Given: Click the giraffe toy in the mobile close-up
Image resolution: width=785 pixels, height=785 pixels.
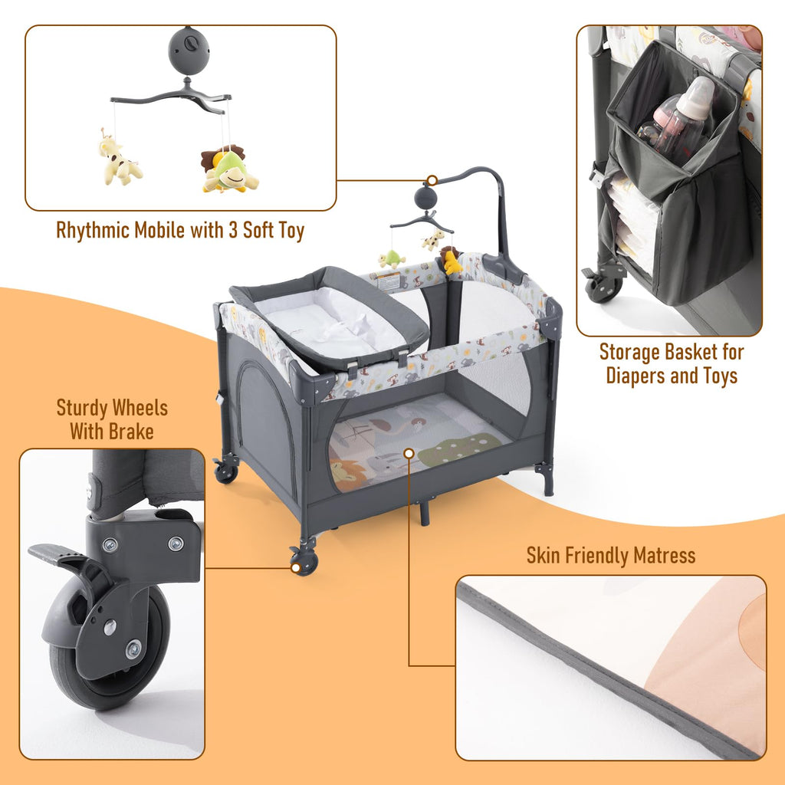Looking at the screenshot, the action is (119, 159).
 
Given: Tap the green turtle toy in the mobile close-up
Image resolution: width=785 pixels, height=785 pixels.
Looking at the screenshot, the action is (229, 170).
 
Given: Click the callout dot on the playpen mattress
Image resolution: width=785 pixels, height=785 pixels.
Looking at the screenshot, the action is (409, 454).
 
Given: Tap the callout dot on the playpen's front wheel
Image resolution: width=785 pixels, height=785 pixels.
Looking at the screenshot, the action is (296, 568).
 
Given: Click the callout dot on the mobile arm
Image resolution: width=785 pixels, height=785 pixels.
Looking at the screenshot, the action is (432, 180).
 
